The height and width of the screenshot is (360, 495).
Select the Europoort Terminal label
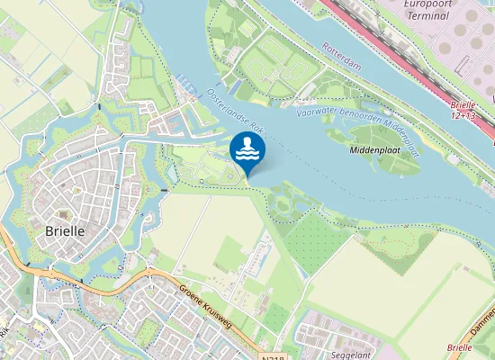tap(433, 10)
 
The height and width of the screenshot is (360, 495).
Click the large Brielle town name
tap(64, 230)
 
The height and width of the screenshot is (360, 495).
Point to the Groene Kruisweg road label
tap(213, 307)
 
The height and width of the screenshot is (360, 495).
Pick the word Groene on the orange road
tap(193, 294)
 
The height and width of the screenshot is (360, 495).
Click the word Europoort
tap(433, 4)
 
